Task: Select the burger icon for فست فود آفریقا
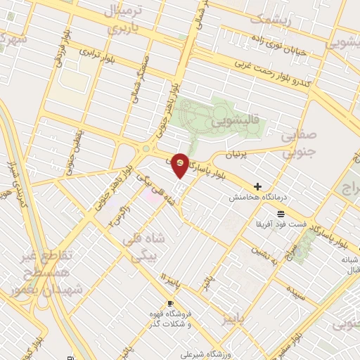tap(281, 213)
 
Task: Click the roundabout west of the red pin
tap(146, 148)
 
